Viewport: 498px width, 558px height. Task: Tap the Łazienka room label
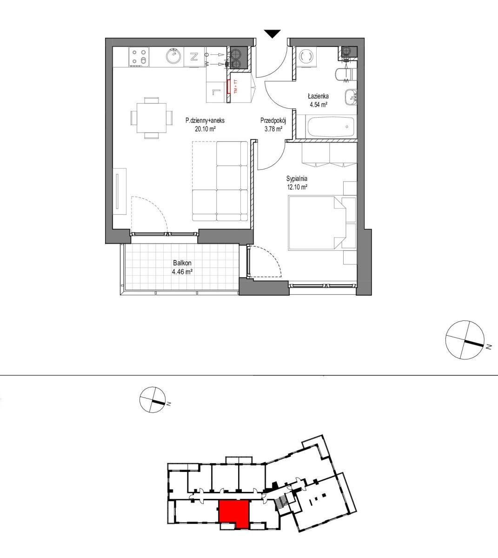point(318,96)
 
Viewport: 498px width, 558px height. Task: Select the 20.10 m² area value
point(205,129)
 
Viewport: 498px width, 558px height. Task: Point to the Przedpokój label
point(273,120)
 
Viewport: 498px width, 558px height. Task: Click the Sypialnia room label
point(297,179)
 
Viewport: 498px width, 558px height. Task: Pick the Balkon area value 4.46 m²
point(182,272)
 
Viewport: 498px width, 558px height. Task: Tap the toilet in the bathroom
point(345,74)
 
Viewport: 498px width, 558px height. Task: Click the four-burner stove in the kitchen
point(139,57)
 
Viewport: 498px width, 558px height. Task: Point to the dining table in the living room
point(152,118)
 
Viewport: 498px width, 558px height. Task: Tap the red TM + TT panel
point(229,87)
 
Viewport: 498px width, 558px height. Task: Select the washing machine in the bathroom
point(306,57)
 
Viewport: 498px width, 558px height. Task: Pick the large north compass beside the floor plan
point(465,339)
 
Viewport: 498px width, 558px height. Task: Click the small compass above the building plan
point(153,400)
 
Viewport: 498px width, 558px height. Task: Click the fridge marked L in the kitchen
point(217,92)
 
